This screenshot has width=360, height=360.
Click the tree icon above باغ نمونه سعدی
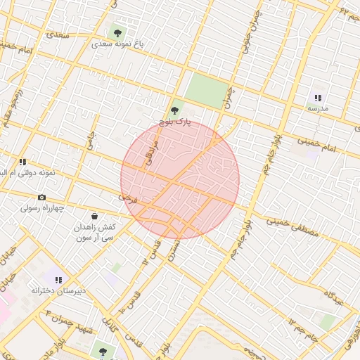click(x=117, y=32)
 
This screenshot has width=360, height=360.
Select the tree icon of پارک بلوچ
click(x=175, y=110)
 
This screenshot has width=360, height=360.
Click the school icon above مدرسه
click(x=318, y=98)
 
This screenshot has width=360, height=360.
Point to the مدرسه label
click(x=318, y=109)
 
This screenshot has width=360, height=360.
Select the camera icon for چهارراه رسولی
click(x=41, y=198)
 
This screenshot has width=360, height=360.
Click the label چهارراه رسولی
click(x=42, y=208)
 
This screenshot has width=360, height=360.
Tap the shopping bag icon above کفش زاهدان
click(x=95, y=216)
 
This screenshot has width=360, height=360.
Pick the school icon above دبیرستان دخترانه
click(x=58, y=279)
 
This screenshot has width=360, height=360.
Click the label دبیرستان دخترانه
click(x=58, y=290)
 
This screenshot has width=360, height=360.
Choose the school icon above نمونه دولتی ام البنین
click(x=23, y=162)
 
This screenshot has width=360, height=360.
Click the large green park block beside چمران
click(x=207, y=91)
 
